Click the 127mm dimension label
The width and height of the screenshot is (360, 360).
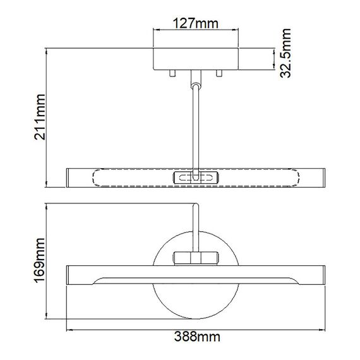tap(195, 25)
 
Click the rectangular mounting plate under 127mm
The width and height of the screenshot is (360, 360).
tap(195, 58)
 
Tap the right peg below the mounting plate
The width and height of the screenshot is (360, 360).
tap(219, 73)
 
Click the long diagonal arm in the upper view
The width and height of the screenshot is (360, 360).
tap(196, 126)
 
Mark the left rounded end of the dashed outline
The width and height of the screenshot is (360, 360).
tap(97, 177)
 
